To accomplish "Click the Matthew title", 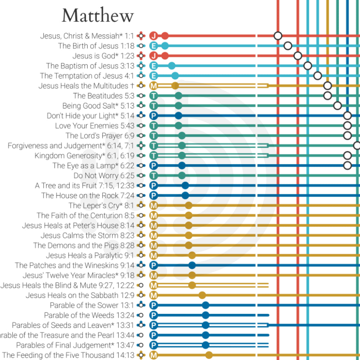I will click(98, 16).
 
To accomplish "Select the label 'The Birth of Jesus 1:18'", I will click(96, 46).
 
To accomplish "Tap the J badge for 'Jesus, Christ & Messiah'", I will click(153, 36).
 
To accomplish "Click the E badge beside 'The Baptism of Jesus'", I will click(153, 66).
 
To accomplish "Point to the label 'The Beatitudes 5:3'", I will click(104, 96).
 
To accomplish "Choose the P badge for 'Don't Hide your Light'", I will click(153, 116).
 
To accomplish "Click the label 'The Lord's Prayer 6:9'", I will click(100, 136).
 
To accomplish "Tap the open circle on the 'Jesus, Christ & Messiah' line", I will click(278, 36).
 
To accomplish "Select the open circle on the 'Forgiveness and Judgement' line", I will click(357, 146).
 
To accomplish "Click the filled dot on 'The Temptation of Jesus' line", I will click(175, 76).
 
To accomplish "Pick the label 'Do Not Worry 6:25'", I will click(104, 175).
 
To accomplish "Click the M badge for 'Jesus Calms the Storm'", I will click(153, 235).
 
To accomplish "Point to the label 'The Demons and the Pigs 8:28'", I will click(84, 245).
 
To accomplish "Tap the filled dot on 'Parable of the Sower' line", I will click(206, 305).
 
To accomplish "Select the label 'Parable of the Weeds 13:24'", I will click(89, 315).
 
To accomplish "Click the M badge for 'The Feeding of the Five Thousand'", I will click(153, 355).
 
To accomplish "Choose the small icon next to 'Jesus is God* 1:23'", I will click(141, 56).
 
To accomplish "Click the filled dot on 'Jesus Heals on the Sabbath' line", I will click(202, 295).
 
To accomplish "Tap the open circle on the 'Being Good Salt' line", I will click(337, 105).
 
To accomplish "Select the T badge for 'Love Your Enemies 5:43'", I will click(153, 126).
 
